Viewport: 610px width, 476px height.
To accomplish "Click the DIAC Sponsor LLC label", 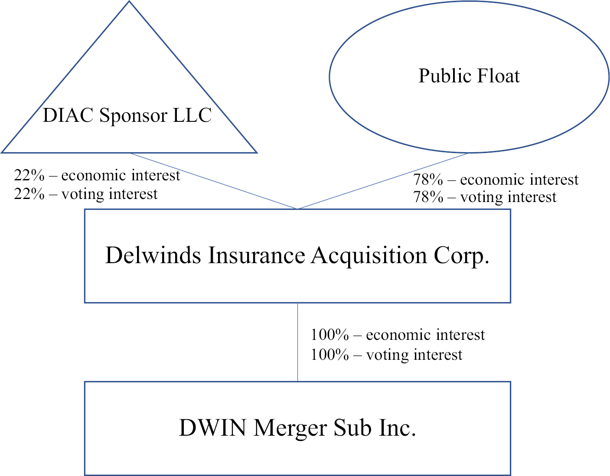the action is coord(127,115).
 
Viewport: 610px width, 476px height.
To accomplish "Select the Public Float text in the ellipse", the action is coord(469,76).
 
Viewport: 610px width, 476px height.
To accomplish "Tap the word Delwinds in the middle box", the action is coord(153,255).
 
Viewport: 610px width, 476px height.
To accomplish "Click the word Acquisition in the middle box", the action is coord(369,256).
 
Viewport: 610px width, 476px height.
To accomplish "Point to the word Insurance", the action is coord(257,255).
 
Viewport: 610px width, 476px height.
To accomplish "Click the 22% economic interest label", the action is coord(97,176).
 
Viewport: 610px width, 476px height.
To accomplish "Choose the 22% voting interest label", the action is coord(85,194).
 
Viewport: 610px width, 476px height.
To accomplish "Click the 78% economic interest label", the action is coord(496,179).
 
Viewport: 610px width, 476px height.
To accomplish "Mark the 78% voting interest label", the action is coord(485,197).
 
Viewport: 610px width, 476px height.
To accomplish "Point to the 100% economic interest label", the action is coord(398,335).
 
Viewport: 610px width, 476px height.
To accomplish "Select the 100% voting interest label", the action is coord(387,355).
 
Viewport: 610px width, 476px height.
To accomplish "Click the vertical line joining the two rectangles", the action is coord(297,342).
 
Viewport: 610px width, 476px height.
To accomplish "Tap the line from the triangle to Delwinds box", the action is coord(214,181).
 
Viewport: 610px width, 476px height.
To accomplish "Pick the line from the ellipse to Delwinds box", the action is coord(383,181).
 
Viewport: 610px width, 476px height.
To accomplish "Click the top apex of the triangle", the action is coord(129,1).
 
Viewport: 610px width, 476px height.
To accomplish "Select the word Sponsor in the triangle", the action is coord(133,116).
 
